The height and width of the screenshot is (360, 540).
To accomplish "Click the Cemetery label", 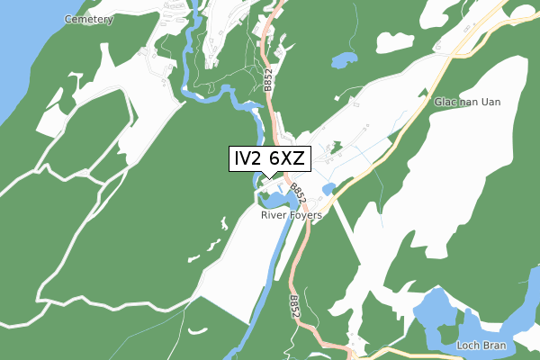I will point(89,19).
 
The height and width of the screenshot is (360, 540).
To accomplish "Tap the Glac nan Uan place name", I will point(480,102).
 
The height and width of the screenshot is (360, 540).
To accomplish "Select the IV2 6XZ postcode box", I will point(269,159).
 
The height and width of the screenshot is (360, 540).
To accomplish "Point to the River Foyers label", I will point(292,216).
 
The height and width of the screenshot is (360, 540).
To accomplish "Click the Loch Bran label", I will point(481,346).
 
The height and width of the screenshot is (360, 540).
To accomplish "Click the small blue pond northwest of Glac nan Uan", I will point(344,60).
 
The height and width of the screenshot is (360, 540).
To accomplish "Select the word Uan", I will point(513,102).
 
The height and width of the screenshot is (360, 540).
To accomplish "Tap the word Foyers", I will point(305,216).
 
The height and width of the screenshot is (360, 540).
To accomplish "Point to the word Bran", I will point(493,346).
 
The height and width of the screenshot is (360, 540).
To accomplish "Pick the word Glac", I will point(446,102).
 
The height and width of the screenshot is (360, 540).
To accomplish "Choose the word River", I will point(274,216).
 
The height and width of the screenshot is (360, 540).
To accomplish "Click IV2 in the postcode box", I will point(249,159).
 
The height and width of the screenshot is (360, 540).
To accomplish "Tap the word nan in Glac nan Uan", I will point(480,102).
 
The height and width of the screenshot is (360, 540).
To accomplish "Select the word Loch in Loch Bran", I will point(468,346).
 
